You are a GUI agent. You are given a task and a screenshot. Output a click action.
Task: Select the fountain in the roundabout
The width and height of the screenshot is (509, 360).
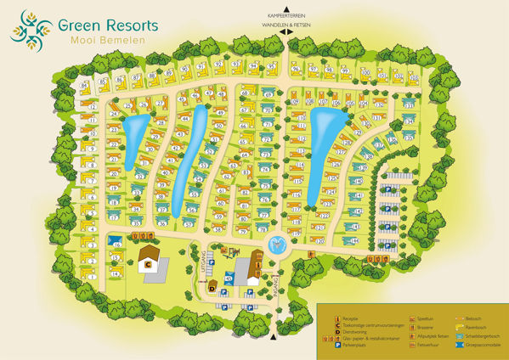tap(278, 245)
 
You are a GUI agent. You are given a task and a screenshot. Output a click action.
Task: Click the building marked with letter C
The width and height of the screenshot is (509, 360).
tap(147, 263)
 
